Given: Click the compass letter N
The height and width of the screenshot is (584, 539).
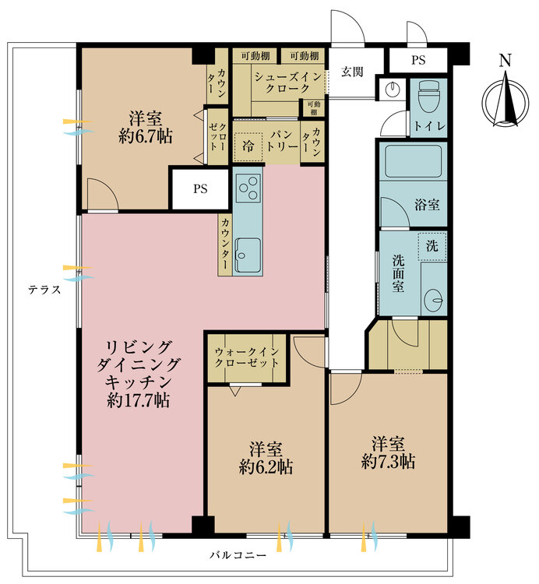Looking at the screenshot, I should tap(506, 60).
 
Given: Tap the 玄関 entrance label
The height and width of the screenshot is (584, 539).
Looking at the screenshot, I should tap(352, 72).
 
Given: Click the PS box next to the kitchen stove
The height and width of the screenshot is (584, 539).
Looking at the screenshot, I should tap(199, 189).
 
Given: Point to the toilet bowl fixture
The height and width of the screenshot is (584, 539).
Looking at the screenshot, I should tap(428, 97).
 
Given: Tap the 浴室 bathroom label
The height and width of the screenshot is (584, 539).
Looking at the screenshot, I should tap(427, 206).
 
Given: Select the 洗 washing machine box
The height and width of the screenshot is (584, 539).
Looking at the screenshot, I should tap(432, 245).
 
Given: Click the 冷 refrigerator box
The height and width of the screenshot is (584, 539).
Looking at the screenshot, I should tap(248, 146).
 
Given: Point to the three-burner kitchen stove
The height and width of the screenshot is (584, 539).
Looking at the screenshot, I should tap(249, 186).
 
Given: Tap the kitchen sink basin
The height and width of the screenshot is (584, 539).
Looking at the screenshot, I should tap(249, 254).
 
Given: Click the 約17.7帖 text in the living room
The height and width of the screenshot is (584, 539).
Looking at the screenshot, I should tap(140, 401).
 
